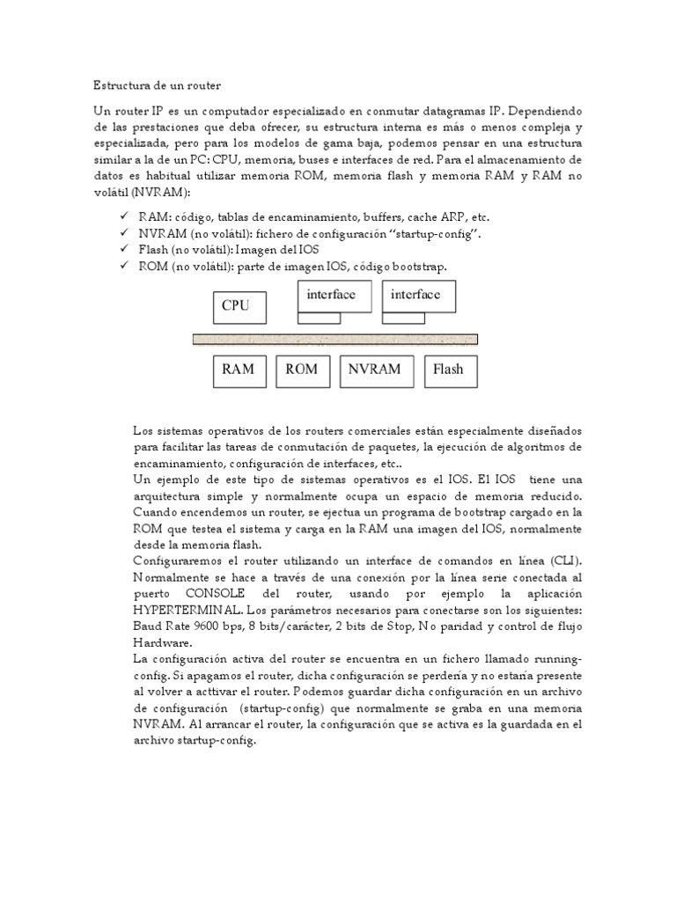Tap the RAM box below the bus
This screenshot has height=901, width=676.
pos(238,370)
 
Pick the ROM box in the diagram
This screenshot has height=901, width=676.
pos(303,370)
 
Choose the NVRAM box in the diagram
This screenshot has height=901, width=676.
pos(376,370)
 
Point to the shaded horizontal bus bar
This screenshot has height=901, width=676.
pos(335,339)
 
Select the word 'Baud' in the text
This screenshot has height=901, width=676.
pos(151,626)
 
